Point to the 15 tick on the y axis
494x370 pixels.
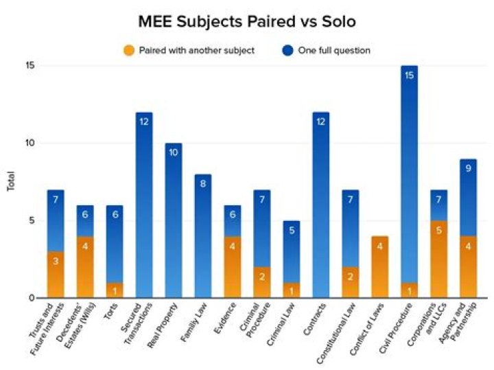coord(31,66)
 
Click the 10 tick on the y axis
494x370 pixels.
coord(31,143)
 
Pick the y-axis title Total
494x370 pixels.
coord(11,182)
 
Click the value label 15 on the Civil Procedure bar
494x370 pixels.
coord(410,76)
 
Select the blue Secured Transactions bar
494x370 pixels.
coord(144,206)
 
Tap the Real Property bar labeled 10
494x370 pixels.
coord(174,220)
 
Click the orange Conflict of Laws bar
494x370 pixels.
coord(380,268)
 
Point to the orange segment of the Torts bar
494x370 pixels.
coord(115,290)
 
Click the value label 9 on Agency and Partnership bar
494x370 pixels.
coord(469,168)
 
